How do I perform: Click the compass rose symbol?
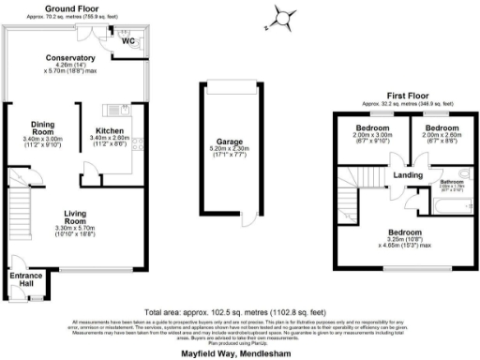click(x=282, y=17)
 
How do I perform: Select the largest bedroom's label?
click(x=406, y=232)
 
